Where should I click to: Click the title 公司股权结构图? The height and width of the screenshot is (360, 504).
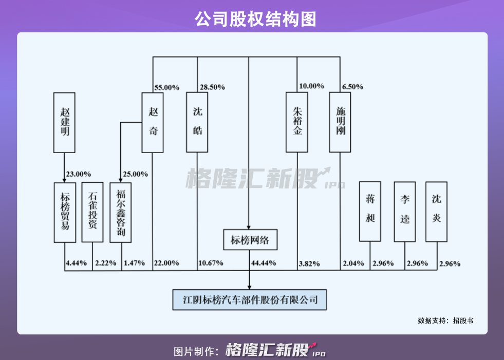click(x=252, y=19)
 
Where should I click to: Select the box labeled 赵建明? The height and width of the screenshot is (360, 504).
click(x=64, y=122)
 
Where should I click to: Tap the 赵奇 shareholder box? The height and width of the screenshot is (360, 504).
click(x=153, y=122)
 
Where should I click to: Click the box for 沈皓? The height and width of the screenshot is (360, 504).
click(x=197, y=122)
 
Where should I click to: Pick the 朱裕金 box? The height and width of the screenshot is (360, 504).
click(x=297, y=122)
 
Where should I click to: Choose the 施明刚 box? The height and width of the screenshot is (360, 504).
click(x=340, y=122)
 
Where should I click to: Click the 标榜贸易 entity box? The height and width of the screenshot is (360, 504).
click(x=65, y=212)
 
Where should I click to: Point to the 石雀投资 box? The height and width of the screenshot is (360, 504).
click(x=92, y=212)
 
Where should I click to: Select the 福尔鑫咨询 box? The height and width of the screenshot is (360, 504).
click(x=121, y=212)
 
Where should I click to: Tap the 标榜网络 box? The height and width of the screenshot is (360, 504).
click(x=250, y=239)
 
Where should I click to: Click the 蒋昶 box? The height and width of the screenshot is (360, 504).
click(x=370, y=211)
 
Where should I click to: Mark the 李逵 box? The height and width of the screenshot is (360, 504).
click(x=404, y=211)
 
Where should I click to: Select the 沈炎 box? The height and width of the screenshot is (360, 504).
click(x=437, y=211)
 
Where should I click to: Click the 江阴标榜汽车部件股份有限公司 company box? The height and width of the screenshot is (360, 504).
click(x=250, y=299)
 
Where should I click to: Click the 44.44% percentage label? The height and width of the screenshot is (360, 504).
click(x=263, y=263)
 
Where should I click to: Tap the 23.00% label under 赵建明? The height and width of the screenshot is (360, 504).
click(x=78, y=174)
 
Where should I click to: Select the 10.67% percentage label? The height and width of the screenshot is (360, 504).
click(x=211, y=263)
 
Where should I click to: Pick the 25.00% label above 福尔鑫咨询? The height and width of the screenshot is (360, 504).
click(x=135, y=174)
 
